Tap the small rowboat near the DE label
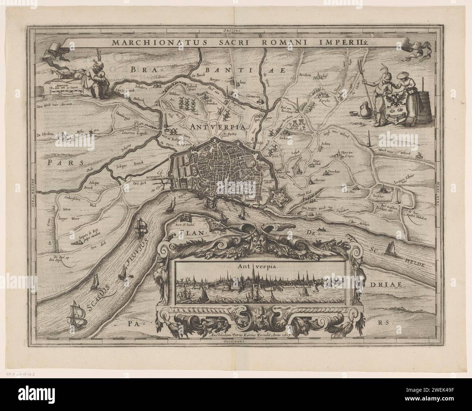click(321, 229)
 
